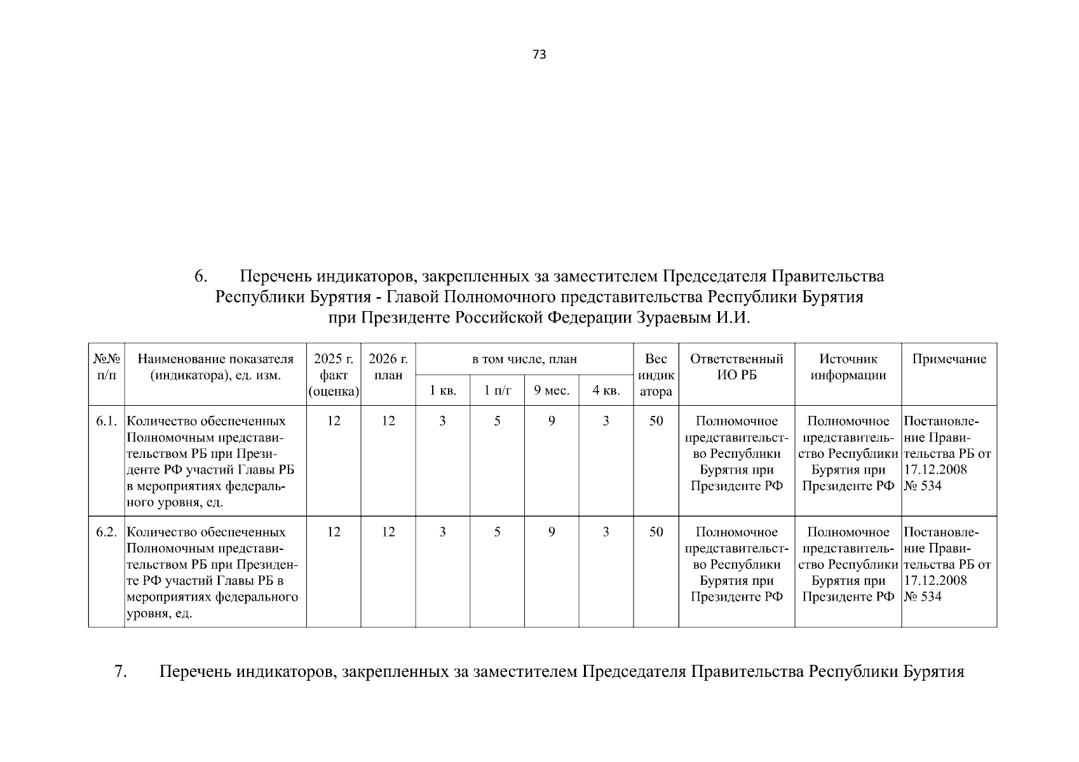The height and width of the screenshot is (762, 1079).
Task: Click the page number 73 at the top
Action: coord(539,55)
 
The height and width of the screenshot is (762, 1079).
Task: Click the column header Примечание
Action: coord(949,359)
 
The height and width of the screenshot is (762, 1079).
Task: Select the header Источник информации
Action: coord(848,367)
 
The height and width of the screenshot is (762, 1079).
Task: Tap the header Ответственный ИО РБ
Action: coord(736,367)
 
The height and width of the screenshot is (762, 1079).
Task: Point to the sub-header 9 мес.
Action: coord(551,391)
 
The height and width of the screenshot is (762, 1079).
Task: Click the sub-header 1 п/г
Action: coord(497,391)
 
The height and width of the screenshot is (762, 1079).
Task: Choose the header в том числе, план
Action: coord(524,359)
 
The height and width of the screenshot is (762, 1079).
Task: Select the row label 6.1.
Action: coord(106,421)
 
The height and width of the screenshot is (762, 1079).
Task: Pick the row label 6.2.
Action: coord(106,532)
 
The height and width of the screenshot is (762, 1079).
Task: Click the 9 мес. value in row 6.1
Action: coord(551,421)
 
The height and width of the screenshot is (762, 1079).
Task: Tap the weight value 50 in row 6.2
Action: coord(656,532)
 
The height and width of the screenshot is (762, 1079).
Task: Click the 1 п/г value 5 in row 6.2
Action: coord(497,532)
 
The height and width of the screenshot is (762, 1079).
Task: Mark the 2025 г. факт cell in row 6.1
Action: coord(334,421)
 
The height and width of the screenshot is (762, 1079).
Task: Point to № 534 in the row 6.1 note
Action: coord(923,486)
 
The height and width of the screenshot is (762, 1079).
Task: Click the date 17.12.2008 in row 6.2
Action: coord(935,580)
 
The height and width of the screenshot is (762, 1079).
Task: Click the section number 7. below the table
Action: coord(121,672)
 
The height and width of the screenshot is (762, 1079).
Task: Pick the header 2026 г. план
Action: coord(388,367)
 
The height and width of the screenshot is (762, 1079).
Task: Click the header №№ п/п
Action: coord(107,367)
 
